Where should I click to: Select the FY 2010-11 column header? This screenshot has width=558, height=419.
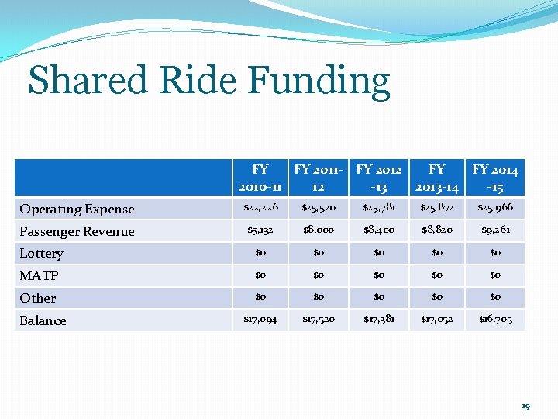[260, 178]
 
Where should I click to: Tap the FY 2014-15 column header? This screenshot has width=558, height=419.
[495, 178]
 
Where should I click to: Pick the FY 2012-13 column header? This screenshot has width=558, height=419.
[378, 178]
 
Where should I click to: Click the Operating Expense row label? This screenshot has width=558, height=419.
[77, 209]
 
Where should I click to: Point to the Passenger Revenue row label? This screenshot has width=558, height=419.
[77, 231]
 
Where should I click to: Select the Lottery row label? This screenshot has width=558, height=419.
[41, 253]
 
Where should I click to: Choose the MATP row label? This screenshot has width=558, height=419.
[39, 275]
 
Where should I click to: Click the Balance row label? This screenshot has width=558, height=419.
[43, 320]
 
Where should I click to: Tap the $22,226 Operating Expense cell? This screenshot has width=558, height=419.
[260, 208]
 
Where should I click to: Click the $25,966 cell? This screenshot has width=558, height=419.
[495, 208]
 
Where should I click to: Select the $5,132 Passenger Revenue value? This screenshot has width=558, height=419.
[260, 230]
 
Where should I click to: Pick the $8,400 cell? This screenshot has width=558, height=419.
[378, 230]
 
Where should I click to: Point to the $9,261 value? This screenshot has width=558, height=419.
[495, 230]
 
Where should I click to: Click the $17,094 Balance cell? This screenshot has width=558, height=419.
[260, 320]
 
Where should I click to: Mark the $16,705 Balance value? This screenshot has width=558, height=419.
[495, 320]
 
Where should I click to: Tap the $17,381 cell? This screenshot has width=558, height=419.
[378, 320]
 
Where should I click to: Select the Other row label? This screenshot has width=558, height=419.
[38, 298]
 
